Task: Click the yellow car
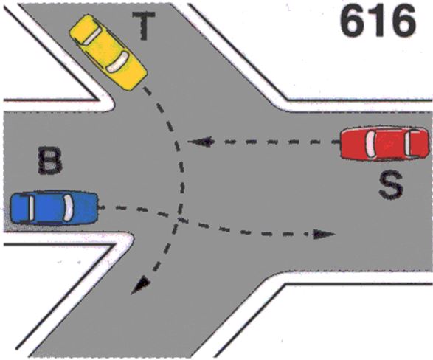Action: pos(108,52)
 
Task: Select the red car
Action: pos(384,143)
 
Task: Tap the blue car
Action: pos(54,207)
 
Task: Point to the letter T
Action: pos(144,25)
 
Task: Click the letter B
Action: pos(50,161)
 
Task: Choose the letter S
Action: pos(391,184)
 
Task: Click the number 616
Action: pos(378,22)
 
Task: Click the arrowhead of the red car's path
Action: pos(201,142)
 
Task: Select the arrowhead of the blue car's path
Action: pos(324,234)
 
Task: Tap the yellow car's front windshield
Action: pos(117,62)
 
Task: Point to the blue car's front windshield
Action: pos(68,207)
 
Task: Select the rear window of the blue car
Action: pos(32,207)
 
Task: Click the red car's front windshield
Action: pos(370,143)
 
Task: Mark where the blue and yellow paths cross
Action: pos(179,218)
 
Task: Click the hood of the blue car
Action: pos(85,207)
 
